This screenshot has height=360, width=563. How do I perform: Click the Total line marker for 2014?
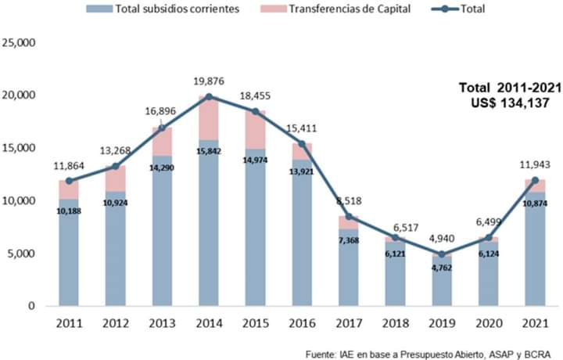pyautogui.click(x=209, y=96)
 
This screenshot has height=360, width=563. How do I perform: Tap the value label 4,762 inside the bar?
pyautogui.click(x=442, y=268)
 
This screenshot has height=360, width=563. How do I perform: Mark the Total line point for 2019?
pyautogui.click(x=442, y=254)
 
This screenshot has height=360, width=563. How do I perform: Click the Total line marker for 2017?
pyautogui.click(x=349, y=217)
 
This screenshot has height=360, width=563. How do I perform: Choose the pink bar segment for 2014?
pyautogui.click(x=209, y=118)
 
